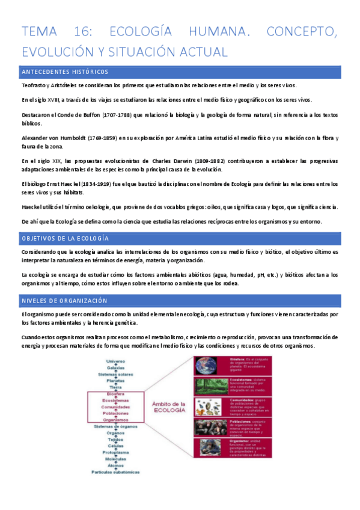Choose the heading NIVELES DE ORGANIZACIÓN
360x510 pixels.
click(64, 300)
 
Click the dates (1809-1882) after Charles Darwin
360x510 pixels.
click(210, 161)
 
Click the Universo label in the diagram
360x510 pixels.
click(116, 361)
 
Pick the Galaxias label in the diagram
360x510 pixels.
click(116, 367)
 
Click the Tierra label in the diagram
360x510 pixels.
click(116, 387)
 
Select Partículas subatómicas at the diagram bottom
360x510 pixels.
click(116, 472)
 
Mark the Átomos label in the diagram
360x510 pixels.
click(116, 465)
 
